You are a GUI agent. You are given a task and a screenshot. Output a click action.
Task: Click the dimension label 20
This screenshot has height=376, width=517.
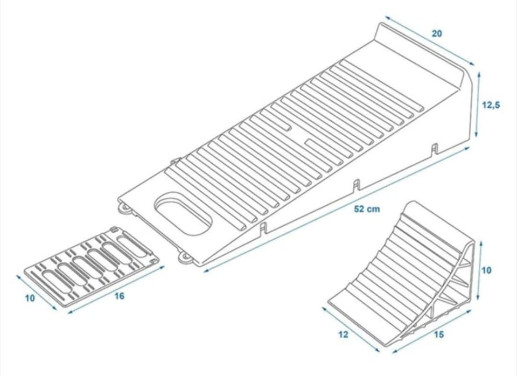pyautogui.click(x=437, y=33)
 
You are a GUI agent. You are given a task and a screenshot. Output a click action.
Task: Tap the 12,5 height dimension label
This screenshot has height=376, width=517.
pyautogui.click(x=491, y=105)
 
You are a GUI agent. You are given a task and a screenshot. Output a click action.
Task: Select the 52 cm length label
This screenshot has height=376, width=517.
pyautogui.click(x=367, y=209)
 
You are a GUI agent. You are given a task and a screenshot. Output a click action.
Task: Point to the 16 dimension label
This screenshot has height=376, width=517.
pyautogui.click(x=120, y=296)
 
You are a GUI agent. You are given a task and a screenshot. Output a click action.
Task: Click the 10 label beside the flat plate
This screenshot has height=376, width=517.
pyautogui.click(x=30, y=298)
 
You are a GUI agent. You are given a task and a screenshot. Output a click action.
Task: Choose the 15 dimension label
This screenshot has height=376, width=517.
pyautogui.click(x=438, y=335)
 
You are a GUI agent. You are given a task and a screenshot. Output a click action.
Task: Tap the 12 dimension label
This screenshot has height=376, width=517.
pyautogui.click(x=343, y=335)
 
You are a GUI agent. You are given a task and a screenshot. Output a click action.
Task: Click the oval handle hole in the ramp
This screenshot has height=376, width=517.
pyautogui.click(x=183, y=214)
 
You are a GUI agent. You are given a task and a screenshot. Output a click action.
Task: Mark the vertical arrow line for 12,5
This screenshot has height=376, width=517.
pyautogui.click(x=477, y=105)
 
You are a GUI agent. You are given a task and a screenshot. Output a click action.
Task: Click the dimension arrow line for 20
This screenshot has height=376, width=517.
pyautogui.click(x=429, y=40)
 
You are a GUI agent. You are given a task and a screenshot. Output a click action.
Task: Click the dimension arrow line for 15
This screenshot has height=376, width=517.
pyautogui.click(x=432, y=331)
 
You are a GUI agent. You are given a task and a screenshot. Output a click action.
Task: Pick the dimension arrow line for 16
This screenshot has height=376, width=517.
pyautogui.click(x=116, y=289)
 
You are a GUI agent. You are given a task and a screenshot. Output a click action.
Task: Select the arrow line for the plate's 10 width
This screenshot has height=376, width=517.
pyautogui.click(x=36, y=293)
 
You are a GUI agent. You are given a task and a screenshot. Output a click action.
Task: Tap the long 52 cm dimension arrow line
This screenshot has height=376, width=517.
pyautogui.click(x=337, y=210)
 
